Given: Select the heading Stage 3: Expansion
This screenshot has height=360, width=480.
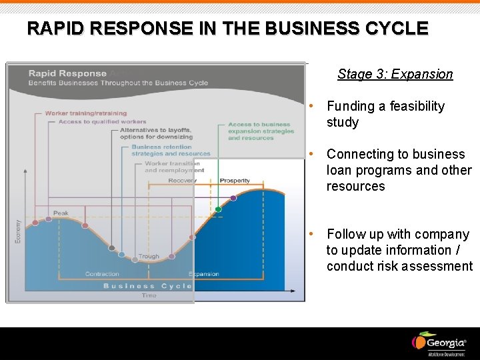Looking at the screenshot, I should click(395, 74).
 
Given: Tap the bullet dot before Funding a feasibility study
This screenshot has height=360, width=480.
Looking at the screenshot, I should click(311, 107).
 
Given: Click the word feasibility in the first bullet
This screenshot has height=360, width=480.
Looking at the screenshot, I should click(412, 107).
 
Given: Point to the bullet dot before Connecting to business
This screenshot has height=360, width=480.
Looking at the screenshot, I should click(311, 155).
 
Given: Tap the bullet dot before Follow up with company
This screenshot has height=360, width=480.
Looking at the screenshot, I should click(311, 235).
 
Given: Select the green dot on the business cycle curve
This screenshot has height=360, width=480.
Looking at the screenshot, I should click(218, 209).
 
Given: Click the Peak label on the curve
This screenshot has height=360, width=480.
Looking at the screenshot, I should click(61, 213).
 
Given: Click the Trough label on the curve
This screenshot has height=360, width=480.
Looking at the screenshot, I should click(148, 257).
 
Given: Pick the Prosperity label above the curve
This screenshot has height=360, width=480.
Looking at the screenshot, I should click(235, 181).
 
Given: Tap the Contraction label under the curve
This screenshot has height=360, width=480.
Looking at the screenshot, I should click(102, 274).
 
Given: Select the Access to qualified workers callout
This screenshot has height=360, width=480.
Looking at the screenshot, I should click(102, 122).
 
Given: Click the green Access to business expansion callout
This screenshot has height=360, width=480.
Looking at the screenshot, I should click(261, 131).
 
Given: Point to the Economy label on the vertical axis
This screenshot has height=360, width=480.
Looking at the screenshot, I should click(18, 231).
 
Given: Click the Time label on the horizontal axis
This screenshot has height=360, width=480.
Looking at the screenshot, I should click(149, 295).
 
